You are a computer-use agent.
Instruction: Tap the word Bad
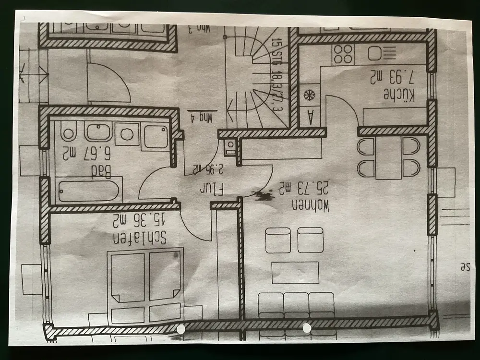click(104, 171)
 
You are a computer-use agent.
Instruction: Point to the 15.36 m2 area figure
click(139, 220)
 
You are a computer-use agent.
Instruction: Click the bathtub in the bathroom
click(89, 190)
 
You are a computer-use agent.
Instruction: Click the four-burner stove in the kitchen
click(343, 54)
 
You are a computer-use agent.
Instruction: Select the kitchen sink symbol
click(381, 53)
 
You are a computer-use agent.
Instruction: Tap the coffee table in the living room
click(295, 272)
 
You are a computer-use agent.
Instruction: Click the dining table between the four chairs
click(388, 158)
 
